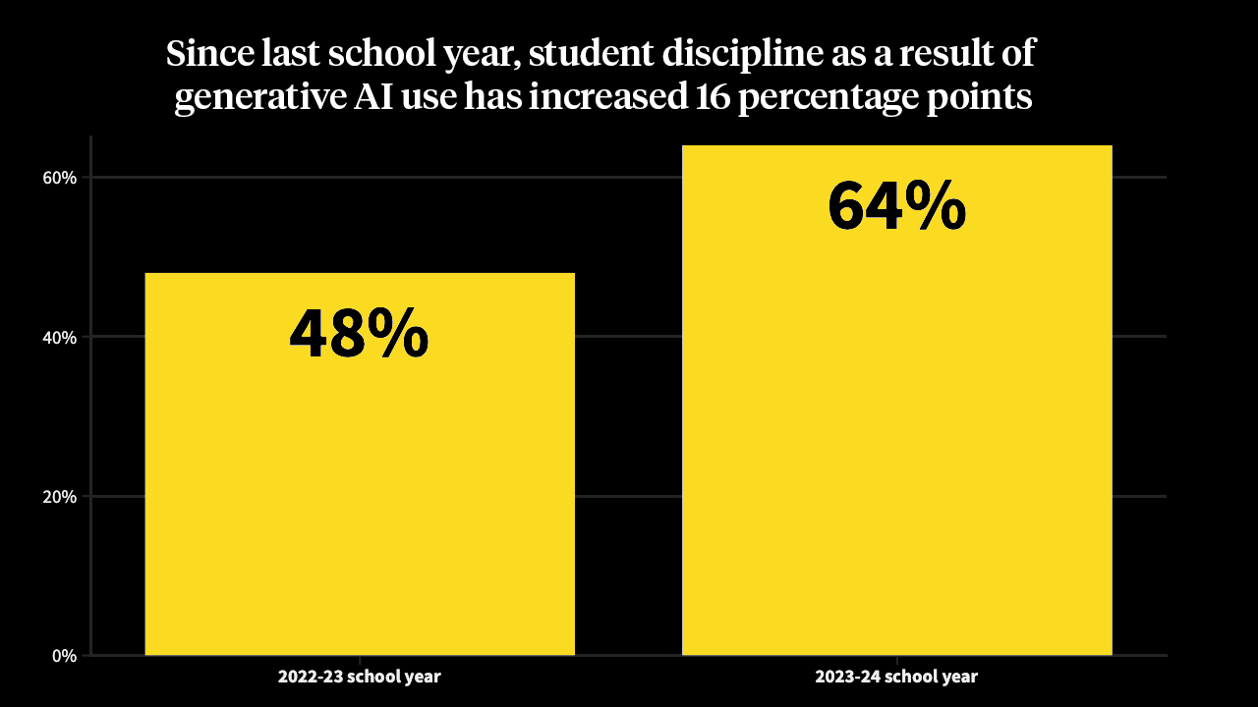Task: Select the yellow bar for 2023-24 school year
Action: point(896,442)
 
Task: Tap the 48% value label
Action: point(359,334)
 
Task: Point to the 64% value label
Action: point(896,206)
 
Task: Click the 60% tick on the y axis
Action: point(59,178)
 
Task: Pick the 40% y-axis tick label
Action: point(59,337)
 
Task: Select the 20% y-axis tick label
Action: point(59,496)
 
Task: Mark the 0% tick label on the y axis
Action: point(63,656)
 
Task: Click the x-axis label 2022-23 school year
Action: point(360,677)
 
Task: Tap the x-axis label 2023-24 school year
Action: point(896,677)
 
